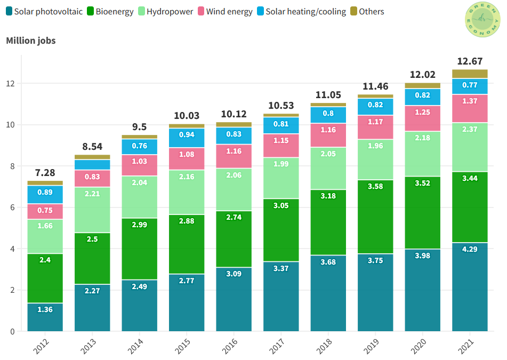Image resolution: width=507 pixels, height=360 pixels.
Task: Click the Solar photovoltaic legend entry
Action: point(44,11)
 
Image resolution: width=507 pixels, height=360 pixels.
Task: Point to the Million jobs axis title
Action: point(30,41)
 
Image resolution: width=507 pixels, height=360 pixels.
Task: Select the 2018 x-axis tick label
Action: point(326,346)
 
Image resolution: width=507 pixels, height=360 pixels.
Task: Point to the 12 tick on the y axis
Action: point(11,84)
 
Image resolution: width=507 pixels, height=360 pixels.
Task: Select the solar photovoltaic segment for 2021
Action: point(470,287)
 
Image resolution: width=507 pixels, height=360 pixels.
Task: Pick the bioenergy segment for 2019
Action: point(375,217)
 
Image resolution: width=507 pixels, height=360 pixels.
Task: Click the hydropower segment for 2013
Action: point(92,210)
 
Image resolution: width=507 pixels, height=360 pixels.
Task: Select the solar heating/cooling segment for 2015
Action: point(187,138)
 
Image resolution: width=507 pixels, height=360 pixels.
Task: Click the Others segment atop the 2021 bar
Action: point(470,74)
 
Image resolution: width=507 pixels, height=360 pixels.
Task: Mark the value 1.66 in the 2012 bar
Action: point(45,226)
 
